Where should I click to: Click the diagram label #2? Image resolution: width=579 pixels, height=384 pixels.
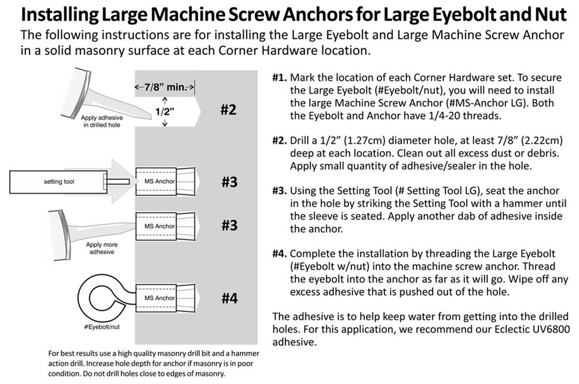[x=229, y=109]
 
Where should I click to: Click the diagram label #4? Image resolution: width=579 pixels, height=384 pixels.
[x=229, y=298]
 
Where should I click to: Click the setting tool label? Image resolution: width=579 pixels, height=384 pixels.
[x=60, y=182]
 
